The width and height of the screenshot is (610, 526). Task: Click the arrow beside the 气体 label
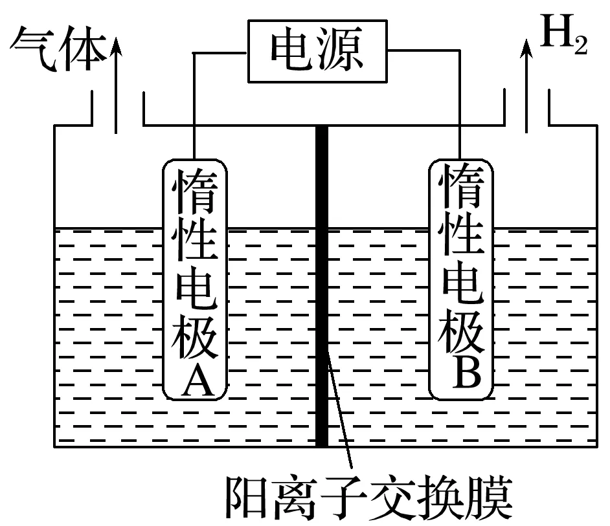[x=116, y=84]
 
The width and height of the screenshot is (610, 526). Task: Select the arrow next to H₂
[x=527, y=84]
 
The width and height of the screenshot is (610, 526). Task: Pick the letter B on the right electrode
[x=462, y=372]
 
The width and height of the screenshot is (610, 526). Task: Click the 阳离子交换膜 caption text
[x=368, y=499]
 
